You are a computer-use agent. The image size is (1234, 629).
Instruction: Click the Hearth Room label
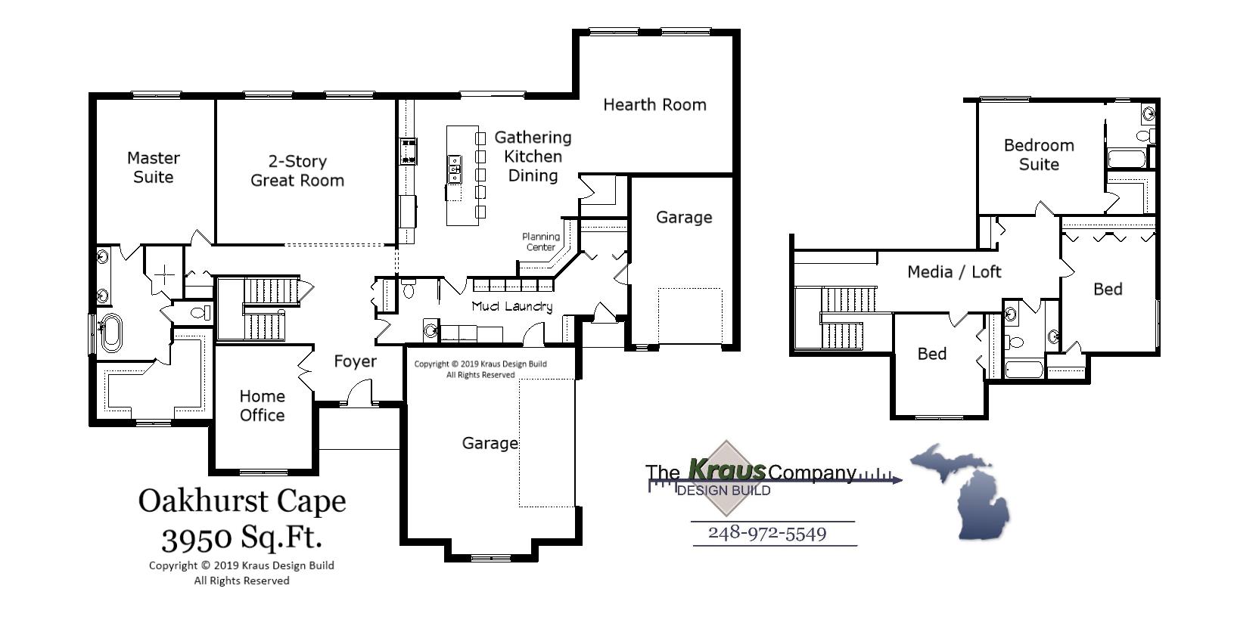pyautogui.click(x=654, y=105)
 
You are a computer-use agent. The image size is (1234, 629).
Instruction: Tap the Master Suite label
pyautogui.click(x=154, y=167)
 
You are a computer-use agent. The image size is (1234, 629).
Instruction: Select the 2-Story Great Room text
pyautogui.click(x=297, y=171)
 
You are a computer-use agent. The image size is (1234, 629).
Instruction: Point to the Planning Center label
pyautogui.click(x=541, y=242)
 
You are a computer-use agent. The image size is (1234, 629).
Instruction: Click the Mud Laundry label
pyautogui.click(x=511, y=306)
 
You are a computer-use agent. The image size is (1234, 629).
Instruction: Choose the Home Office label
pyautogui.click(x=262, y=405)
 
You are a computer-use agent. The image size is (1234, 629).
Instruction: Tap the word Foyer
pyautogui.click(x=355, y=361)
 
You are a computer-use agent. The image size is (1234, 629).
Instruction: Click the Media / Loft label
pyautogui.click(x=954, y=271)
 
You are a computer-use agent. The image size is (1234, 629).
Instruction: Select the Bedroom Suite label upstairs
pyautogui.click(x=1038, y=154)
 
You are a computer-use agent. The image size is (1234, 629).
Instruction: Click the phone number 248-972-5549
pyautogui.click(x=767, y=533)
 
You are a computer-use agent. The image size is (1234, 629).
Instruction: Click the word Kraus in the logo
pyautogui.click(x=726, y=469)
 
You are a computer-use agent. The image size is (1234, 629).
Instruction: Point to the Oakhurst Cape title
pyautogui.click(x=242, y=500)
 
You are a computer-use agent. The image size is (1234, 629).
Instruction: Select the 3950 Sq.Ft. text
pyautogui.click(x=242, y=538)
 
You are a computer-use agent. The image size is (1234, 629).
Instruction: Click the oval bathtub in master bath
pyautogui.click(x=110, y=333)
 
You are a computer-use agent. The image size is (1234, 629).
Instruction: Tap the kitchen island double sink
pyautogui.click(x=455, y=169)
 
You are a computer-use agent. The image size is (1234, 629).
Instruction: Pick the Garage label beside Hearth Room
pyautogui.click(x=683, y=218)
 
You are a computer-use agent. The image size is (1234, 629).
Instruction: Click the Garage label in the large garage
pyautogui.click(x=490, y=443)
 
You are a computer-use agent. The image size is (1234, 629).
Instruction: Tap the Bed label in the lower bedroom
pyautogui.click(x=931, y=354)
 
